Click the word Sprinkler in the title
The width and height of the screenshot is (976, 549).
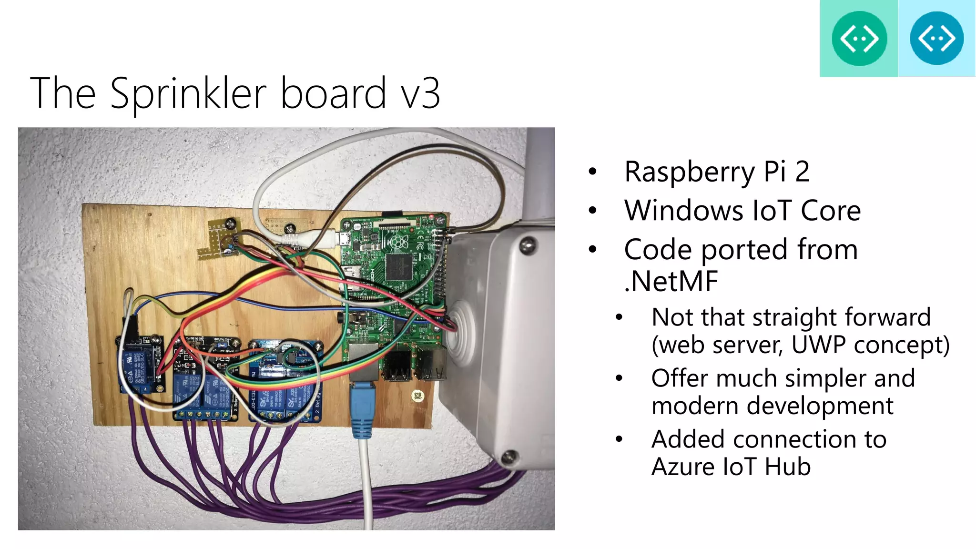(x=188, y=93)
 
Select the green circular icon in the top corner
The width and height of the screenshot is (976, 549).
(x=859, y=39)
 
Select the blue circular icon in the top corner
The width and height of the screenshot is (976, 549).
(x=936, y=39)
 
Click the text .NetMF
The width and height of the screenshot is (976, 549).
(x=671, y=281)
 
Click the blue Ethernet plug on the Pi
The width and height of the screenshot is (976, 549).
(x=362, y=410)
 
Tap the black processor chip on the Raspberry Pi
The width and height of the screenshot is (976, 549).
(x=399, y=267)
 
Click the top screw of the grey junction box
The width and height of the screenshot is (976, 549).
(x=527, y=246)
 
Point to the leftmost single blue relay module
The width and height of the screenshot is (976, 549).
(x=140, y=365)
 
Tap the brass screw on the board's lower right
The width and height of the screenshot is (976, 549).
(x=417, y=396)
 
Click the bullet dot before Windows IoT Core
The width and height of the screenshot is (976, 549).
(x=592, y=211)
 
